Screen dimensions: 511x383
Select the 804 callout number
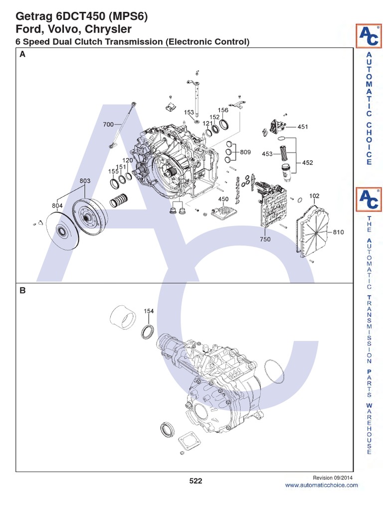tap(57, 205)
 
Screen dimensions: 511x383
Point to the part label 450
tap(223, 200)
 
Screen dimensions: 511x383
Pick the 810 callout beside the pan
tap(339, 233)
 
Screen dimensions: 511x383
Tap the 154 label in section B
tap(149, 311)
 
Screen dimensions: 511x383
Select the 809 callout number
tap(245, 152)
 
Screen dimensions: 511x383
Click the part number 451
tap(303, 127)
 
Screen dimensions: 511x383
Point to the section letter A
tap(22, 56)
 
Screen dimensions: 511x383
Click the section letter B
tap(22, 290)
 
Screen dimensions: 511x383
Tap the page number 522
tap(195, 481)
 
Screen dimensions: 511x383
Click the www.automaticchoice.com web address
tap(321, 485)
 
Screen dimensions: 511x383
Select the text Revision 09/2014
tap(335, 478)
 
